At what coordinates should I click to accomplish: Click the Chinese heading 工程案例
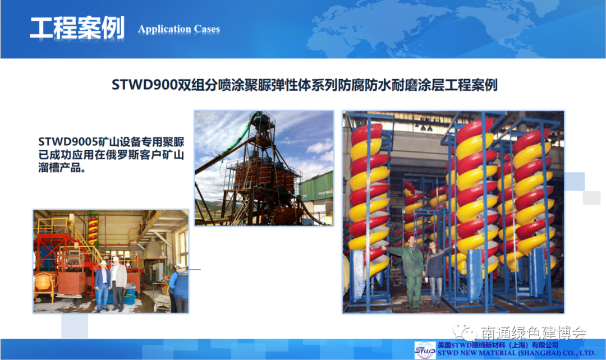point(77,28)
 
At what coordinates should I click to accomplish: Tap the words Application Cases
point(179,29)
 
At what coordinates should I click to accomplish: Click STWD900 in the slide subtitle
point(144,85)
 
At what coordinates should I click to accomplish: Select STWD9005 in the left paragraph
point(68,142)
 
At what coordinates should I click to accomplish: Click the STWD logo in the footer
point(425,350)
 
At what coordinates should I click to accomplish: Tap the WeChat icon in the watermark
point(465,332)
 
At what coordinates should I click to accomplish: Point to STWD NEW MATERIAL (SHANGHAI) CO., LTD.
point(516,353)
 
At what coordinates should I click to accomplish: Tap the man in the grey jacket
point(118,284)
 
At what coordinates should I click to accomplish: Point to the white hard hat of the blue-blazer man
point(103,262)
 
